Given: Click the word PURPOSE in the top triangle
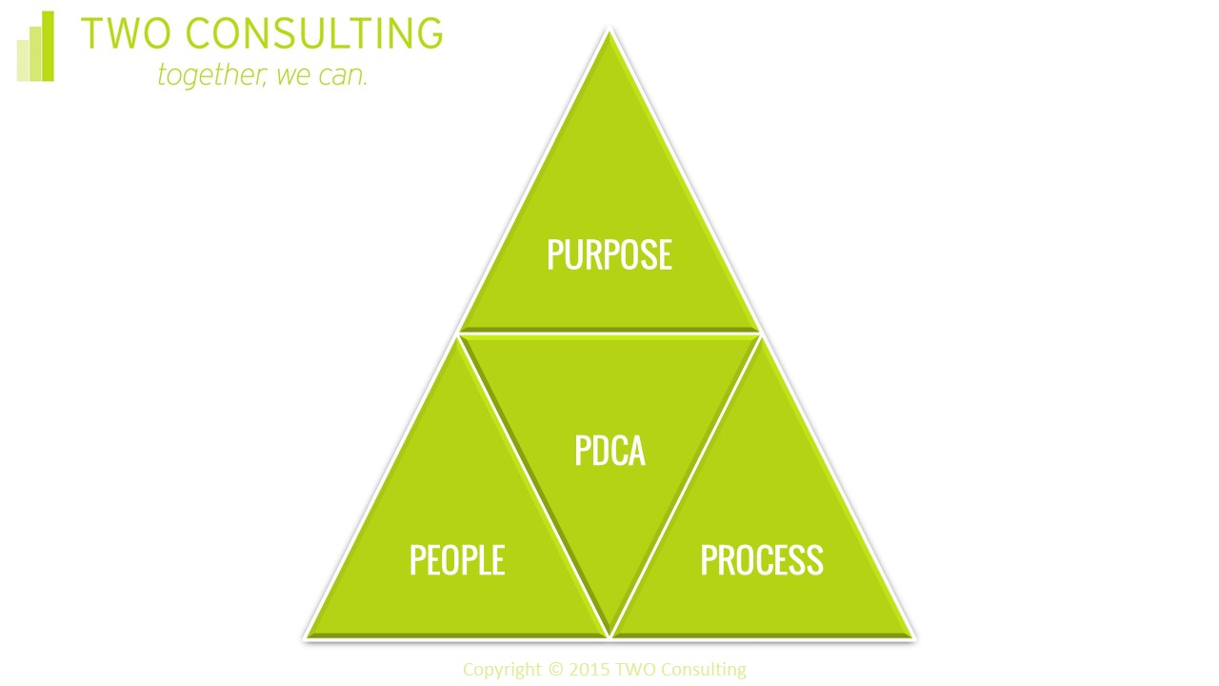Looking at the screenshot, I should point(609,254).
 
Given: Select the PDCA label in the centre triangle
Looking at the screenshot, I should point(609,451).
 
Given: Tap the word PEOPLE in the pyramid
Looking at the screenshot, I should point(456,560).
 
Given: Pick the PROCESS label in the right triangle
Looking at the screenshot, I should point(761,560).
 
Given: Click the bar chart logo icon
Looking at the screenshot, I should point(36,48).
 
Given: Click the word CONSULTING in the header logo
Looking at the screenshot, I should point(312,34).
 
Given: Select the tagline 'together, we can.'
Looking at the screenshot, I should point(262,74).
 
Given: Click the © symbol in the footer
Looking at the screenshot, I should point(555,670).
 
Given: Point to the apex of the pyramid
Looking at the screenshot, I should point(609,32).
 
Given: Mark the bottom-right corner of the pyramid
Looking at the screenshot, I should point(911,636).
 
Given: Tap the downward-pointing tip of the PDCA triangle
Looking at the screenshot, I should point(609,631).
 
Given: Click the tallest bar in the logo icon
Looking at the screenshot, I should point(49,47).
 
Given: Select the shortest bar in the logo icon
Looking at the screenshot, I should point(23,62).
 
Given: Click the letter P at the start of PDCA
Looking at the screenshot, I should point(583,451).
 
